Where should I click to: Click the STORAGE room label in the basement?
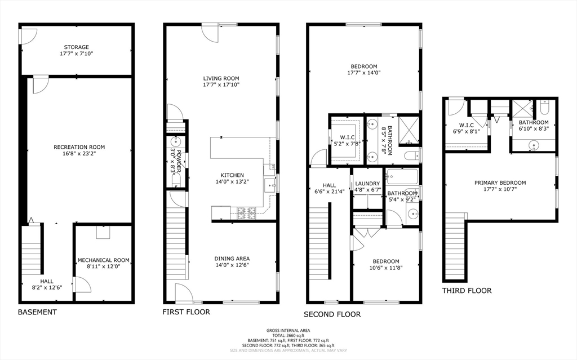coord(77,47)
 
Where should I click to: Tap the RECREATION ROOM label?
coord(79,147)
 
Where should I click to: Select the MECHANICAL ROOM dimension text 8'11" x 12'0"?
coord(104,266)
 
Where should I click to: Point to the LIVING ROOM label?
coord(221,78)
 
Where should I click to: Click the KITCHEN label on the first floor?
coord(232,175)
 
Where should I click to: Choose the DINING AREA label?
coord(232,259)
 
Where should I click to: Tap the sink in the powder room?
coord(176,141)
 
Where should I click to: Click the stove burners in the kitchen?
coord(247,212)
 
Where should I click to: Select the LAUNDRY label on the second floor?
coord(367,183)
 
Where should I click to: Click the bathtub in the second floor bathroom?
coord(402,177)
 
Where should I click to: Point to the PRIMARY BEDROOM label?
coord(500,183)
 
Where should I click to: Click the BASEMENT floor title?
coord(38,312)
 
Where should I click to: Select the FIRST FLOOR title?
coord(186,312)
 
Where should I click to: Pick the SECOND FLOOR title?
coord(332,314)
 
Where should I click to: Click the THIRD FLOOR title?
coord(467,291)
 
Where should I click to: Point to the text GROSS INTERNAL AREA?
coord(288,331)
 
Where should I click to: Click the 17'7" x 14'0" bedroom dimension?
coord(364,73)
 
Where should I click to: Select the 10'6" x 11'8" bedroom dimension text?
coord(385,268)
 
